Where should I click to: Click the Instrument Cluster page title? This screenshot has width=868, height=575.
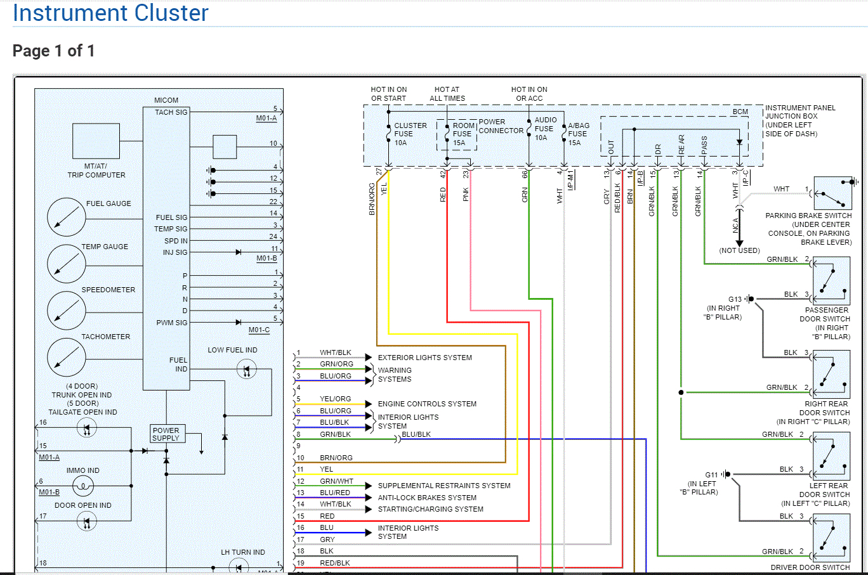tap(110, 13)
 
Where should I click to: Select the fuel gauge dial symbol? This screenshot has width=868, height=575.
tap(66, 217)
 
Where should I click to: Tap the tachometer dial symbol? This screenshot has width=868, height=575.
tap(66, 357)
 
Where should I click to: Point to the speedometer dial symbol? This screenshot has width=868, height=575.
tap(66, 310)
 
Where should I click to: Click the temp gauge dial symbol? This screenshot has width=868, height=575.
tap(66, 263)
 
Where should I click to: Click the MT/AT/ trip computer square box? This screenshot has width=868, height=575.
tap(96, 141)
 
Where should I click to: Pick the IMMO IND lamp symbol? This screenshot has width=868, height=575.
tap(82, 486)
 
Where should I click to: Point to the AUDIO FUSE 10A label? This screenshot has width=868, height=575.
tap(545, 129)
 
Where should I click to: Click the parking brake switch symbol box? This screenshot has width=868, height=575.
tap(832, 193)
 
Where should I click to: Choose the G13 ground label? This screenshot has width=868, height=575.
tap(735, 299)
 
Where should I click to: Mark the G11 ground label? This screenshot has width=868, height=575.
tap(711, 475)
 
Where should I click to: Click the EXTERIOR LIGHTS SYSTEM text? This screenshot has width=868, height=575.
tap(424, 358)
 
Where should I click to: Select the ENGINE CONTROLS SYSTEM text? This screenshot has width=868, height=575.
tap(427, 404)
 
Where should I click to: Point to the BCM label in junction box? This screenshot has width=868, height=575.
tap(740, 112)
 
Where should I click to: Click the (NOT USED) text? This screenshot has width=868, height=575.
tap(739, 250)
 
